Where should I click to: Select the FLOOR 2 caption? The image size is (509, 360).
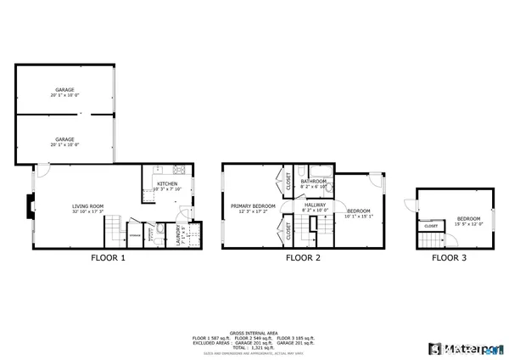point(303,256)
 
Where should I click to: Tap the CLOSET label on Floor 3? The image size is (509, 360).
point(431,226)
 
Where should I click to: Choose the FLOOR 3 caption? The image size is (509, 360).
point(450,256)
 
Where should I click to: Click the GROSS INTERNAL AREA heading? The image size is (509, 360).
point(254,333)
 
